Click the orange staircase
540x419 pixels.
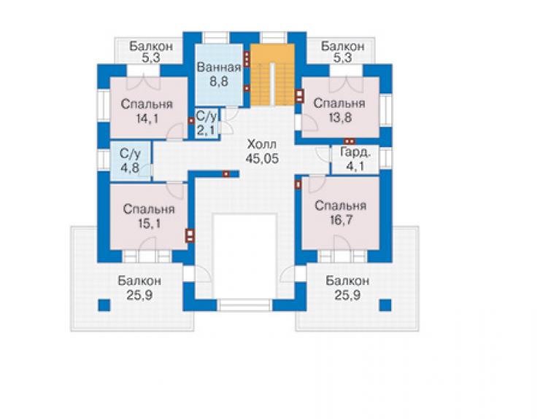coord(272,74)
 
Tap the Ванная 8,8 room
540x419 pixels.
coord(219,74)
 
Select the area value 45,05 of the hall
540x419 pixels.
coord(262,159)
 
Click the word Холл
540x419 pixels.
coord(262,144)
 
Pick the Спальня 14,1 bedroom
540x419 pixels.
coord(148,108)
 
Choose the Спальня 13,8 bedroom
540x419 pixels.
coord(341,107)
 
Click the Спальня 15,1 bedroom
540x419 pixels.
coord(148,216)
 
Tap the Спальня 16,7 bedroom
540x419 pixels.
coord(341,214)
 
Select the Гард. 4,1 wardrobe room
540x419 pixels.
coord(355,160)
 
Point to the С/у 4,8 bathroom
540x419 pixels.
coord(130,160)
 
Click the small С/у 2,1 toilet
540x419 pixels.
coord(207,123)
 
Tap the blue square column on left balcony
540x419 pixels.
coord(104,305)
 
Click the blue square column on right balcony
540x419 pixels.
coord(385,305)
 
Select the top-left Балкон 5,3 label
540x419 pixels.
coord(151,52)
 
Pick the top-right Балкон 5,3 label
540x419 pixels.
coord(343,52)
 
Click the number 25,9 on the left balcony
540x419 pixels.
coord(139,295)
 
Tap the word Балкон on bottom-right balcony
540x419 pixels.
coord(347,281)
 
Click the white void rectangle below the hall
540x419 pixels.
coord(245,256)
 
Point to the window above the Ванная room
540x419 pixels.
coord(215,37)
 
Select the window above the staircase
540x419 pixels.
coord(274,37)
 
